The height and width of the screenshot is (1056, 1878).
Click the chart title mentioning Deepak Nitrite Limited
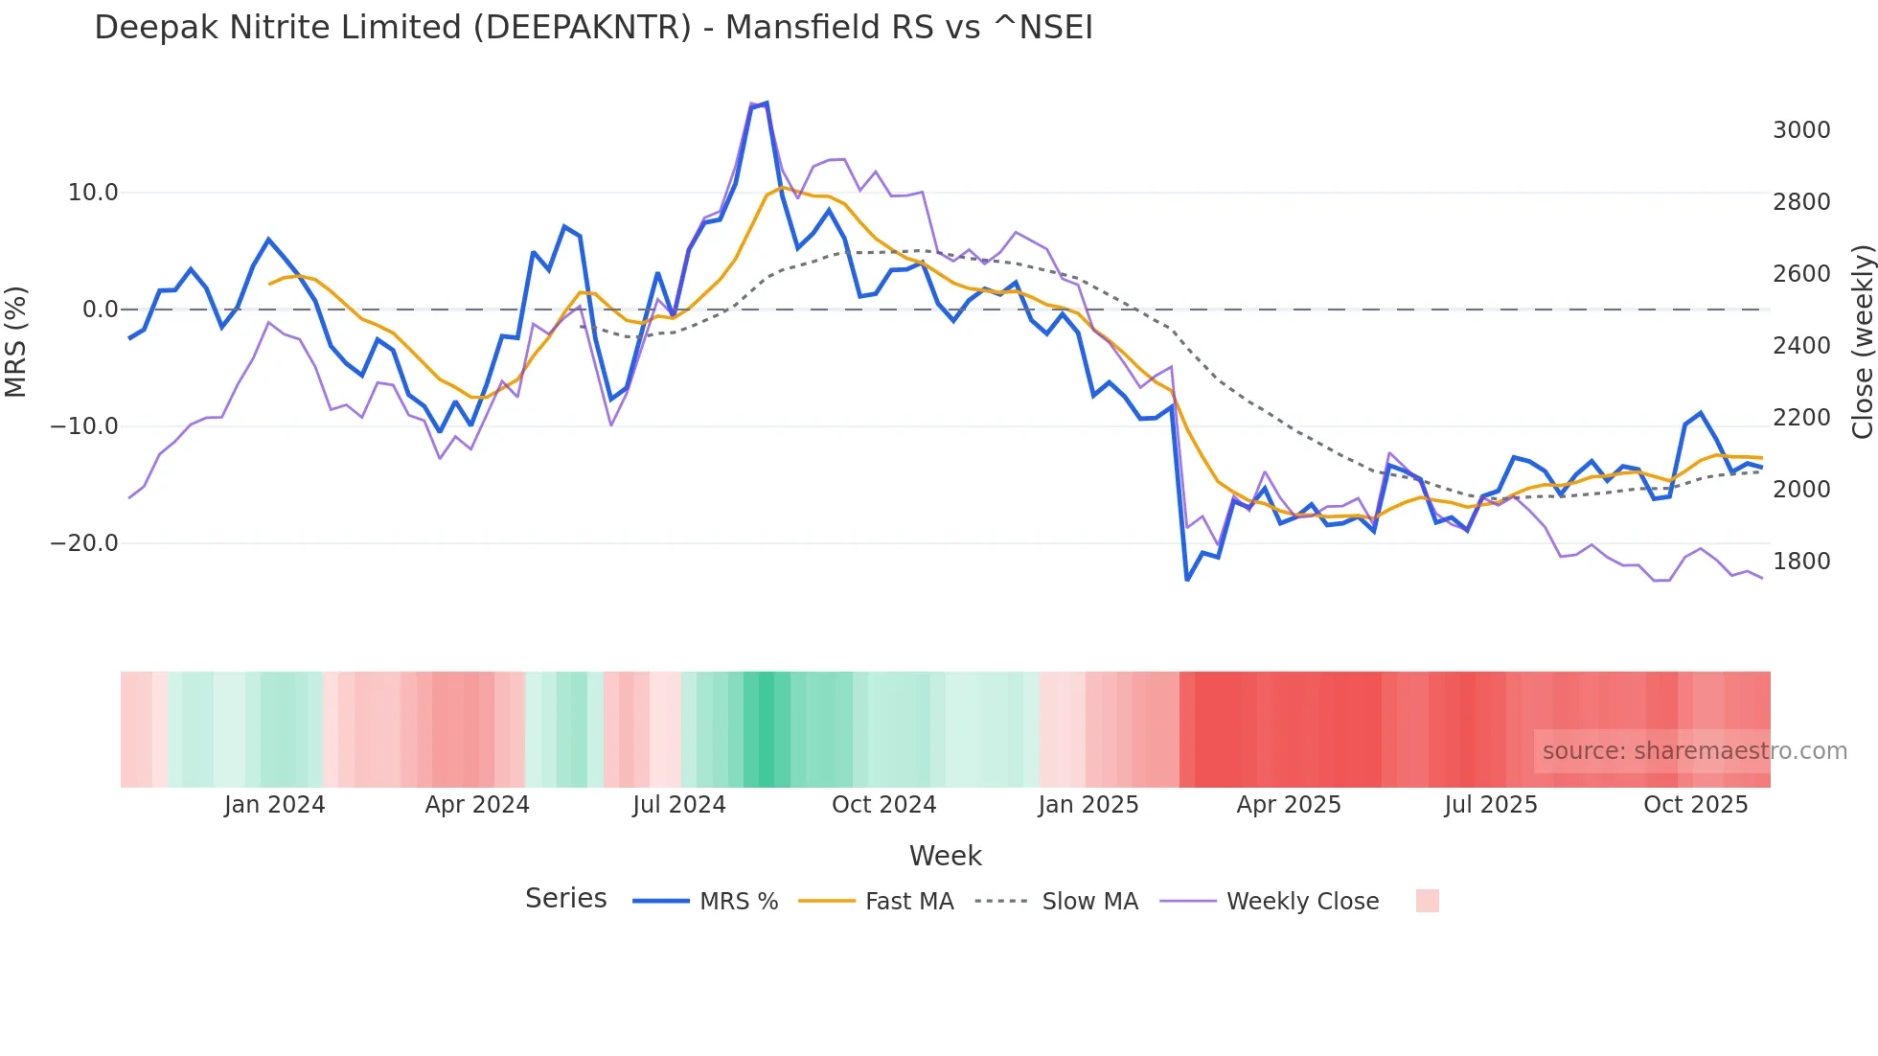point(593,28)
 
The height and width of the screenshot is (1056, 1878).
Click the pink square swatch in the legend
point(1427,901)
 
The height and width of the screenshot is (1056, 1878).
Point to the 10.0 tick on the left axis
point(93,193)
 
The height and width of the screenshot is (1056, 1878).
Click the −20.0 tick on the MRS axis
point(84,543)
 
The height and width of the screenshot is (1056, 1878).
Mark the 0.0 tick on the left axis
point(100,310)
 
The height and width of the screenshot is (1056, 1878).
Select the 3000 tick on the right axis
point(1801,130)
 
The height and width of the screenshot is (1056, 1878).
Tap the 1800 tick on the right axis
point(1801,562)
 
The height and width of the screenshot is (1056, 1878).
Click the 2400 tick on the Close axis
point(1801,346)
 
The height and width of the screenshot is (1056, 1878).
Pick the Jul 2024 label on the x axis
point(678,805)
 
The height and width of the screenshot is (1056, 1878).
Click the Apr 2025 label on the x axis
point(1288,805)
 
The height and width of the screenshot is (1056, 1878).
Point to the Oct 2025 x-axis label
point(1695,805)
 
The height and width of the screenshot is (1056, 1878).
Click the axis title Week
point(945,856)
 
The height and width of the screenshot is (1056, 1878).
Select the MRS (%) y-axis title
point(16,342)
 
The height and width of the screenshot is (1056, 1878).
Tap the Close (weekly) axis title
point(1862,342)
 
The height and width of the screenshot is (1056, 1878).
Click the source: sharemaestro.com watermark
point(1694,751)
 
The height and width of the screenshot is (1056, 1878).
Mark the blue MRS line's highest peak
point(766,103)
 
